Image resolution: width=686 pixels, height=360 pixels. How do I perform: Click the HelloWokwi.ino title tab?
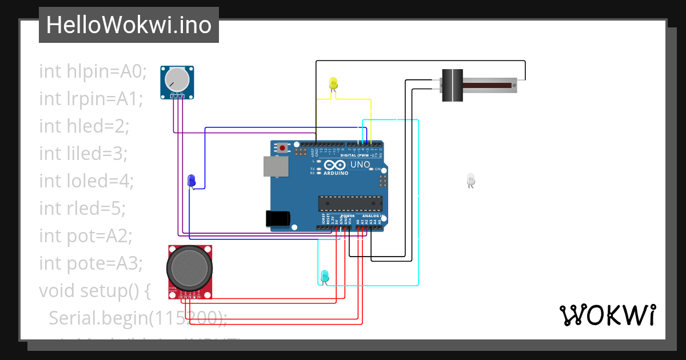(x=129, y=25)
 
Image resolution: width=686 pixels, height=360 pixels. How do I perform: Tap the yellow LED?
(x=334, y=83)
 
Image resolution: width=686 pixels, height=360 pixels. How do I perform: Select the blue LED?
(x=192, y=181)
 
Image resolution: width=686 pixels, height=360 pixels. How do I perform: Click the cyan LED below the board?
(x=324, y=275)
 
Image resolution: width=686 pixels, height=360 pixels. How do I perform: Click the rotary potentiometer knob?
(x=177, y=79)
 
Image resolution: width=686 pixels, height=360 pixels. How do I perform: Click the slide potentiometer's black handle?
(x=453, y=85)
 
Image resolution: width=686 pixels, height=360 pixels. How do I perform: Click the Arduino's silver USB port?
(x=276, y=166)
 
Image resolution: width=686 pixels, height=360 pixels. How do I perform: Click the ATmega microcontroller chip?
(x=350, y=203)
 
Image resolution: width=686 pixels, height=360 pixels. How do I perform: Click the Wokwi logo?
(x=607, y=315)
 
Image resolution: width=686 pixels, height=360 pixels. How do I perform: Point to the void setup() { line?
(x=94, y=290)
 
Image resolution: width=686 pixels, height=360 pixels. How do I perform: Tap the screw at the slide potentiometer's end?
(x=514, y=86)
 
